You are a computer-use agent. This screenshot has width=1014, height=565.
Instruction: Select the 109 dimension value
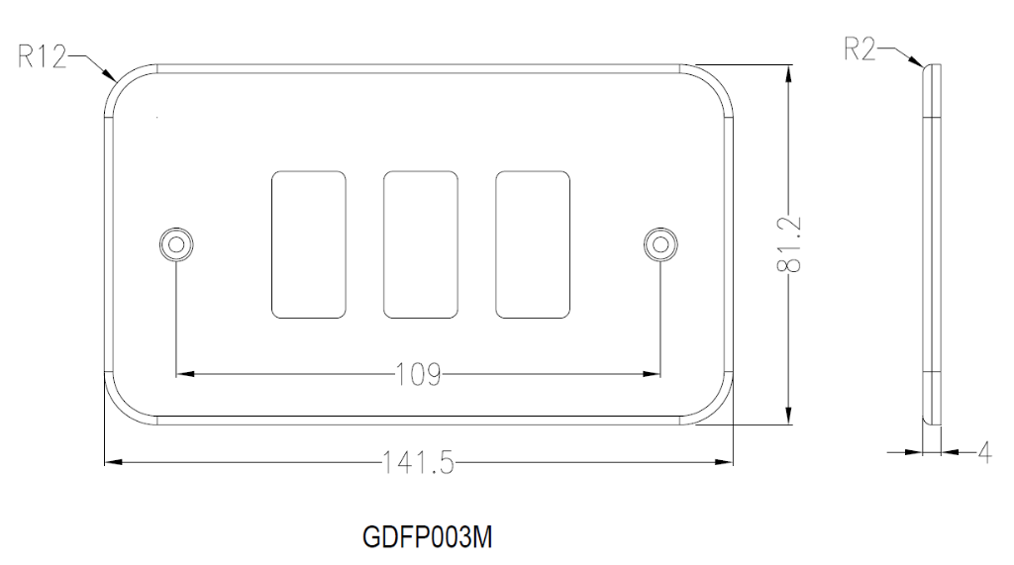point(417,375)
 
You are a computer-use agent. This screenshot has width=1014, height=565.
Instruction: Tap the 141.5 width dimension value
point(417,462)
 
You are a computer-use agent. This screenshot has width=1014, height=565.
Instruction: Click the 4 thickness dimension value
point(983,452)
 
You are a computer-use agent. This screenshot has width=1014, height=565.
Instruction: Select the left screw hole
point(175,243)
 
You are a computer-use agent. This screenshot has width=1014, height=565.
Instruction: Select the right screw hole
point(659,243)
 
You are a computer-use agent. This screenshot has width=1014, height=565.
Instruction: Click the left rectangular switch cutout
point(308,244)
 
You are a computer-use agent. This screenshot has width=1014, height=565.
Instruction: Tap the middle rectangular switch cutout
point(420,244)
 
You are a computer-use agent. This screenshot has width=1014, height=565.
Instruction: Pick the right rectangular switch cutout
point(533,244)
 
